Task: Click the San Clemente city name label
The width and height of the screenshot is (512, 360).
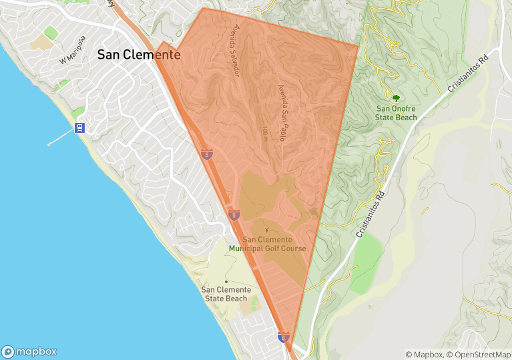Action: [139, 55]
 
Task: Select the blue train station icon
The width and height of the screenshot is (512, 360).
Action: [80, 128]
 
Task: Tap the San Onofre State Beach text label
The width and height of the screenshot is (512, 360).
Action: [397, 113]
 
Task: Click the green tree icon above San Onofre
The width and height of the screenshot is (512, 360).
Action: [396, 98]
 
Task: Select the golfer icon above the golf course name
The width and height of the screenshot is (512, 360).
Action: [267, 230]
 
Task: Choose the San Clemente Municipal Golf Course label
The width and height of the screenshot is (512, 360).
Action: [267, 244]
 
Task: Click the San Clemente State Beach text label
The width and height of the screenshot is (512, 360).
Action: [227, 294]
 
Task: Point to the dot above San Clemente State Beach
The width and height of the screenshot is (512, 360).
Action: [226, 281]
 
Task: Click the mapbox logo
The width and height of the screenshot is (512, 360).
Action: [29, 351]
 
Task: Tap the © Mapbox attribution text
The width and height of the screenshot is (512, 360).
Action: [424, 355]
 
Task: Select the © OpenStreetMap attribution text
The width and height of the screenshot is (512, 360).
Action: [477, 355]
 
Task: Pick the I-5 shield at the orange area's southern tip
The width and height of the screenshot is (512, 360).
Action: [284, 337]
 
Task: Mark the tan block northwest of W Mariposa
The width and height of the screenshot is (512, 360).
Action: [41, 43]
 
